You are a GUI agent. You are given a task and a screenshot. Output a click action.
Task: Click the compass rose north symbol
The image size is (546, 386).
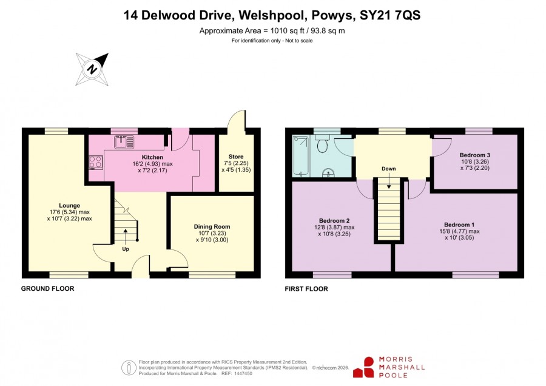[x=92, y=69]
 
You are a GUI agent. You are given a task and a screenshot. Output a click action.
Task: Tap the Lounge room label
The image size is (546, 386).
[x=70, y=206]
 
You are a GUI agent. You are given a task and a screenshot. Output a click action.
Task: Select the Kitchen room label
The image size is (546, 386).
[x=152, y=157]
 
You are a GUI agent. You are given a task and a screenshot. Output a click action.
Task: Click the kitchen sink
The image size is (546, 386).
[x=124, y=142]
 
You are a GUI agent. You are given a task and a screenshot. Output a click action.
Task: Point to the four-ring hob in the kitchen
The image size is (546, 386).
[x=95, y=162]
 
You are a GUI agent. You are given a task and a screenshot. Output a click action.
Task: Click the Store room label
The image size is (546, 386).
[x=236, y=157]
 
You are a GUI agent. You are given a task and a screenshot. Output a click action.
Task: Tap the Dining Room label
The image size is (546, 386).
[x=212, y=226]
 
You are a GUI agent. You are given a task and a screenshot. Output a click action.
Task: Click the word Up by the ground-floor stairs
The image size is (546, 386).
[x=126, y=249]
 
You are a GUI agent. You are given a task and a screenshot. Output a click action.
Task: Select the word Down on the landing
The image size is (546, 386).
[x=389, y=169]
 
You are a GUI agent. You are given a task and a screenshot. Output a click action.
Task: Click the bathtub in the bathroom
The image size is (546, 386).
[x=300, y=156]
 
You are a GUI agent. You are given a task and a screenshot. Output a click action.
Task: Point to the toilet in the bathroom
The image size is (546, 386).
[x=322, y=144]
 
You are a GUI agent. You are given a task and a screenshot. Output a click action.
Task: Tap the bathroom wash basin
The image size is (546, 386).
[x=328, y=173]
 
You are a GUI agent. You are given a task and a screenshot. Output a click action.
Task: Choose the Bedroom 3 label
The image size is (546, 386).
[x=475, y=155]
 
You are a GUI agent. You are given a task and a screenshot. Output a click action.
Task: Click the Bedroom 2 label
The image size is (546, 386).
[x=334, y=220]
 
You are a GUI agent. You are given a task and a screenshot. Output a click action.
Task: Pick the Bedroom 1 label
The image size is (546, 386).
[x=459, y=225]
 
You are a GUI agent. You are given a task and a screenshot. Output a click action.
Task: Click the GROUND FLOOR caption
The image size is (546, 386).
[x=48, y=288]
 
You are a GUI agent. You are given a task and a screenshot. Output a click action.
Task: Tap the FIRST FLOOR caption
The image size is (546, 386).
[x=306, y=289]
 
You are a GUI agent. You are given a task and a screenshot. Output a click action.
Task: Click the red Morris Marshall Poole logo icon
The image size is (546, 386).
[x=363, y=367]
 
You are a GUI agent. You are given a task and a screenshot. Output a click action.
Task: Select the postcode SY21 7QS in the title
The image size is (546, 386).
[x=390, y=15]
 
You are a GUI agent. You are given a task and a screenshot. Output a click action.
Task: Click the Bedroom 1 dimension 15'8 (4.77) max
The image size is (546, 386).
[x=460, y=231]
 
